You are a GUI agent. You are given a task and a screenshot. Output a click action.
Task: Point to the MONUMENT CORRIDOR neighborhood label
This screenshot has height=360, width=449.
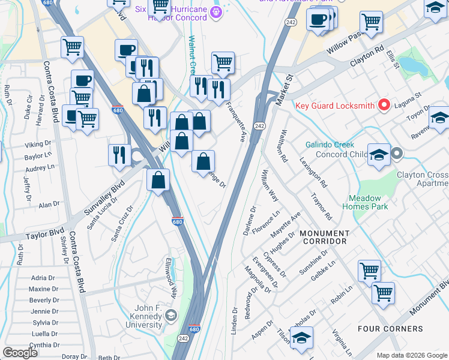(x=324, y=237)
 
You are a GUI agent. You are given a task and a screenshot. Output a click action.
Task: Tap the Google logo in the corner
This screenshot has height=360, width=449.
(x=20, y=352)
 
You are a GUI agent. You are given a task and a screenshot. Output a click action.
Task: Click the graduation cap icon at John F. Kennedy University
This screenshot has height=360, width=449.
(x=172, y=316)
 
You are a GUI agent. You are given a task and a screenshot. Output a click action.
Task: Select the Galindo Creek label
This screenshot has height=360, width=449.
(x=330, y=145)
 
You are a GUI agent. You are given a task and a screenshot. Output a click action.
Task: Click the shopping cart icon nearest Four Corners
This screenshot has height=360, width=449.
(x=383, y=293)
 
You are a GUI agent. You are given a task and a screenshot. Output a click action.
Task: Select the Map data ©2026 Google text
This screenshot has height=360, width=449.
(x=411, y=355)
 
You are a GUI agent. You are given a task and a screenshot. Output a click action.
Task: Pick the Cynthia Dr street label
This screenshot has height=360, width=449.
(x=44, y=345)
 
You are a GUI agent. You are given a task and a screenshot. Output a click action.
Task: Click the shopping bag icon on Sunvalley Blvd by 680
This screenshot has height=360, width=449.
(x=158, y=181)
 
